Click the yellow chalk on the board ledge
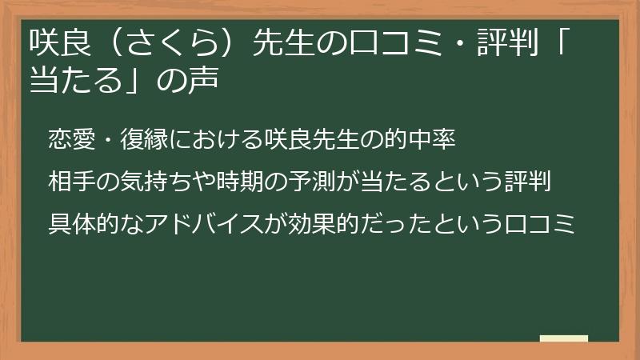[564, 338]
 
